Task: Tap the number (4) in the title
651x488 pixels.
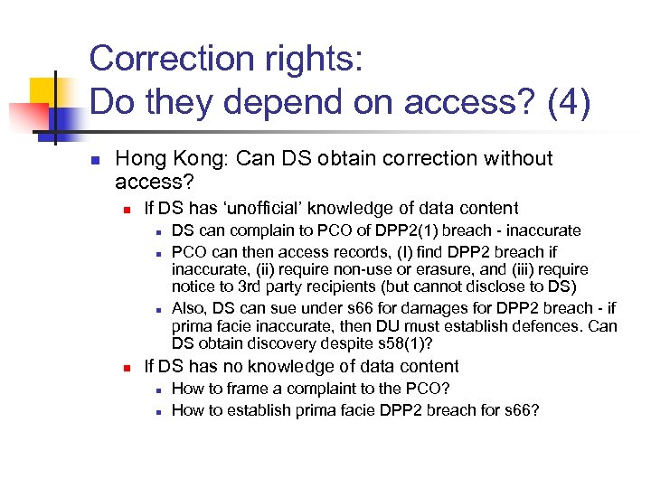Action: [x=567, y=102]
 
